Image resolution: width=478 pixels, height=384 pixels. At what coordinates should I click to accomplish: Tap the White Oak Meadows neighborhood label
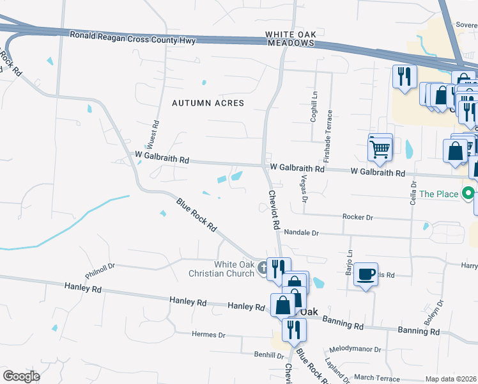(x=291, y=38)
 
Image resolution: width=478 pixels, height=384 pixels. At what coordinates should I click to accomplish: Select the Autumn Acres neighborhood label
(x=208, y=102)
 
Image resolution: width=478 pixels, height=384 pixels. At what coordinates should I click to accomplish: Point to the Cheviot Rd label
(x=274, y=209)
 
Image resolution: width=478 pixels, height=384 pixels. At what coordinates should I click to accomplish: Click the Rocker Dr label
(x=357, y=218)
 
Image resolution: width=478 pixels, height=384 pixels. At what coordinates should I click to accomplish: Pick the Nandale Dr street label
(x=301, y=233)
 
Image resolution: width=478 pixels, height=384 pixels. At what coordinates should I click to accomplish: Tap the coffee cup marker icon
(x=366, y=274)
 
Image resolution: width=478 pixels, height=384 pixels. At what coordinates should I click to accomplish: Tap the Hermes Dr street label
(x=209, y=335)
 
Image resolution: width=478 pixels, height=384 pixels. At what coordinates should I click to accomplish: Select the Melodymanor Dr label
(x=355, y=350)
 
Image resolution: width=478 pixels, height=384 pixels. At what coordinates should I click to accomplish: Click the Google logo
(x=22, y=376)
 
